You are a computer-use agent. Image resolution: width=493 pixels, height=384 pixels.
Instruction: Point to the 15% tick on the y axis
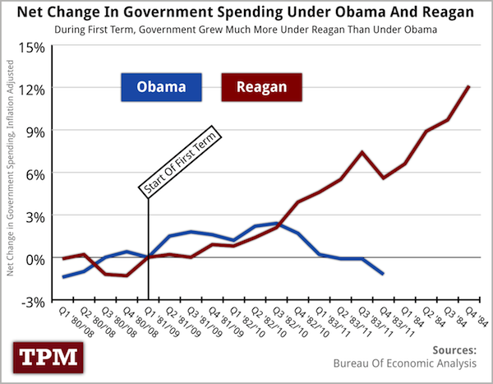32,44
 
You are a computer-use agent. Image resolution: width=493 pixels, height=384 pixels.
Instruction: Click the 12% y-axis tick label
32,87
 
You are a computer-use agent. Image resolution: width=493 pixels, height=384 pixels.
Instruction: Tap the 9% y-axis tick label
36,130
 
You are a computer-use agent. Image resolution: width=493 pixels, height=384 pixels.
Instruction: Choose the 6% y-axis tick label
36,173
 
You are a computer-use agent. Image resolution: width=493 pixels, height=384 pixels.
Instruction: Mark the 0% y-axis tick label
36,258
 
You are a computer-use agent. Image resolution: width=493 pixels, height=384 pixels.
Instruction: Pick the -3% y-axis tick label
34,301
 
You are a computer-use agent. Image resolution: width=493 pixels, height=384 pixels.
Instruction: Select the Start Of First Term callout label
178,162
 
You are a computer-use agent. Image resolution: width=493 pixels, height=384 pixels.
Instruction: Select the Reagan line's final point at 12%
468,86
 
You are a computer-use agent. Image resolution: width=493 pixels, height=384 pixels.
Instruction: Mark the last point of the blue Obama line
383,274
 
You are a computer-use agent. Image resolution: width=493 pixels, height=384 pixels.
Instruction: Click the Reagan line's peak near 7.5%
362,152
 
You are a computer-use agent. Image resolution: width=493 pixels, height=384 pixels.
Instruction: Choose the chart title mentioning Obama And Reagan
246,12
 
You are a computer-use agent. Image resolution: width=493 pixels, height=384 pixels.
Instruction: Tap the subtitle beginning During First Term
246,30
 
